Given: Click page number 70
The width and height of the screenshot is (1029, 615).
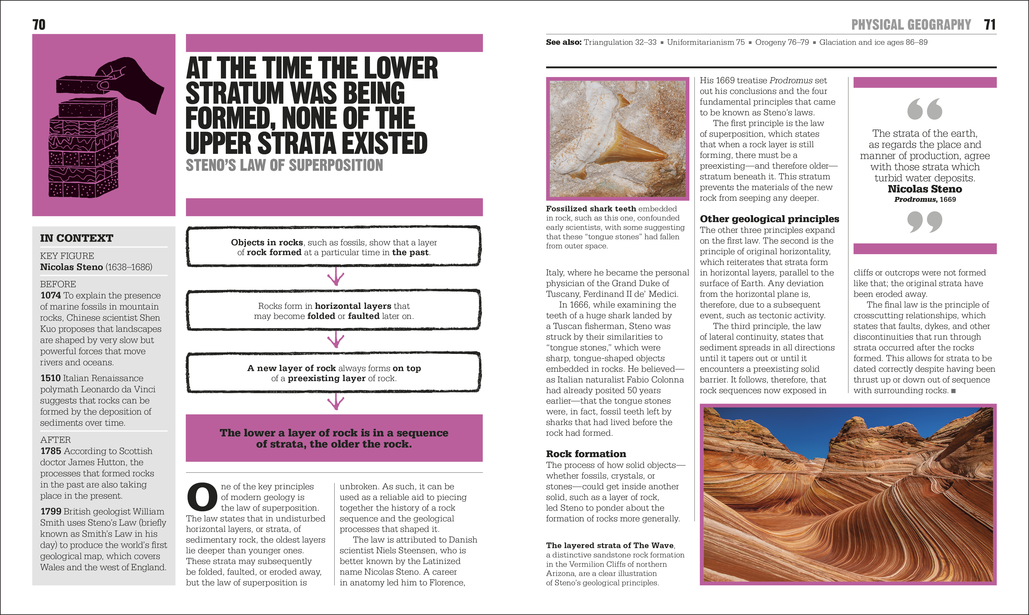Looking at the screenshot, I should click(x=39, y=25).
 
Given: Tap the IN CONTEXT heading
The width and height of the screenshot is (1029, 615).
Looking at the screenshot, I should click(x=77, y=238).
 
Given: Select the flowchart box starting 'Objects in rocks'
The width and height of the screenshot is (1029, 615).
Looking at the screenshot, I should click(x=334, y=247).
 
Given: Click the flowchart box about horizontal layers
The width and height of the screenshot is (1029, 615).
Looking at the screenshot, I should click(x=334, y=311).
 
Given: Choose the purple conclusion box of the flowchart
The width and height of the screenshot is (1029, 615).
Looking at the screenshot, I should click(x=334, y=438).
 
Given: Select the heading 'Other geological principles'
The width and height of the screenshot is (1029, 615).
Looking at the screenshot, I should click(x=769, y=219).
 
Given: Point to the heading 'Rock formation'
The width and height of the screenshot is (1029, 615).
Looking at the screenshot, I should click(x=586, y=454).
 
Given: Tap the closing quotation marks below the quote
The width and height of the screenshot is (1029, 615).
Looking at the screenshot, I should click(x=925, y=222).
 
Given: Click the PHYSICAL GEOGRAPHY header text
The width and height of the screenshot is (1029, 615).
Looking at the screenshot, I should click(x=911, y=25).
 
